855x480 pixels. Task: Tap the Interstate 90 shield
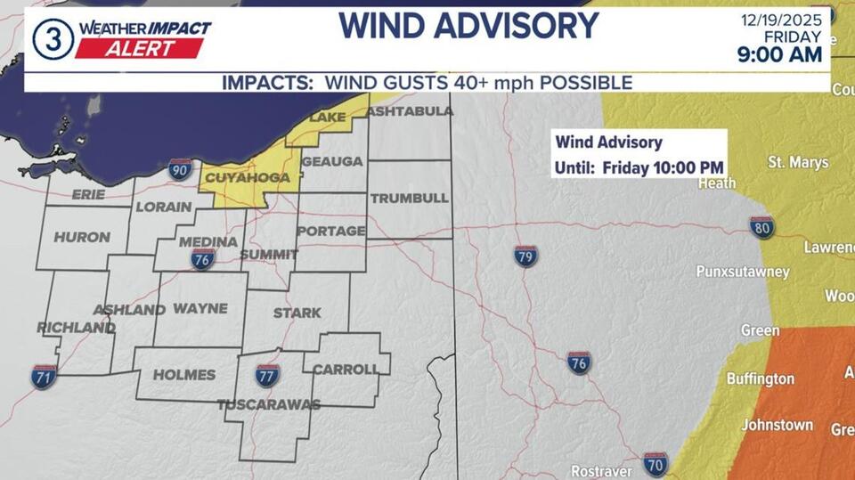pos(180,168)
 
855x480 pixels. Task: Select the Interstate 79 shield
pos(525,256)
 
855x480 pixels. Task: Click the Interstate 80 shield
pos(761,227)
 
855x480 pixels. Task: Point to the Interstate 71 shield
pos(43,376)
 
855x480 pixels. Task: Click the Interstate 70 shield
pos(655,463)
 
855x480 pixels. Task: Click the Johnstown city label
pos(777,425)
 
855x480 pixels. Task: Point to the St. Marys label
pos(798,162)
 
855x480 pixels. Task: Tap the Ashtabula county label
pos(409,111)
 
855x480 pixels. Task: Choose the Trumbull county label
pos(409,198)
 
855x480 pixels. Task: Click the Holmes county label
pos(184,375)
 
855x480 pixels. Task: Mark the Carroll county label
pos(346,369)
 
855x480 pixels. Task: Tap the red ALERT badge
pos(139,49)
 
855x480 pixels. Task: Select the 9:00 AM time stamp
pos(781,55)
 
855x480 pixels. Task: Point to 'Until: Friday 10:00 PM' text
pos(639,167)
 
